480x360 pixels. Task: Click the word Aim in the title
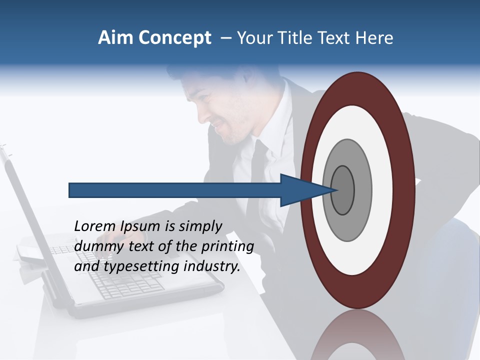(114, 38)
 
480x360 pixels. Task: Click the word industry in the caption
(212, 266)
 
